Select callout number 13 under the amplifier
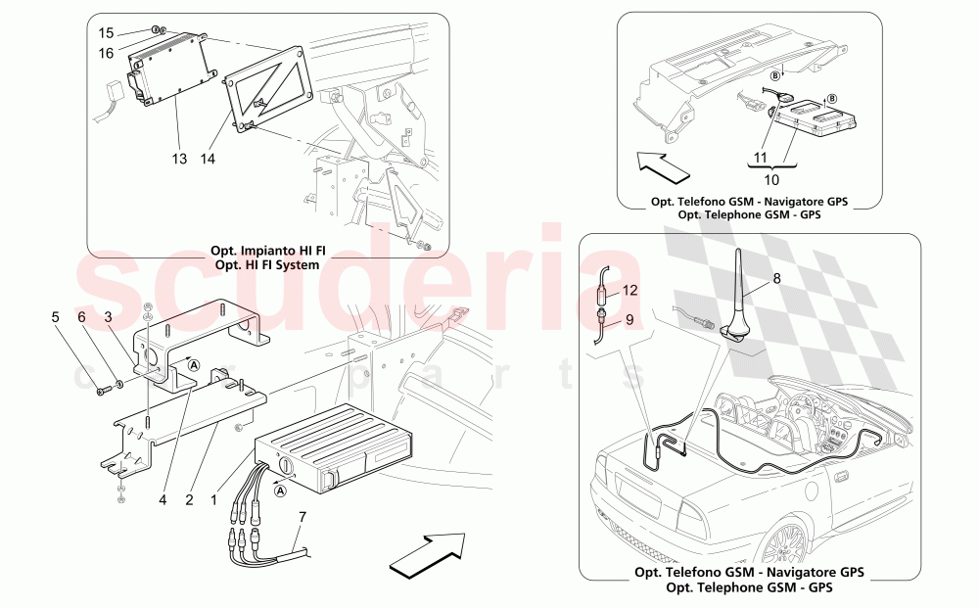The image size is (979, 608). tap(178, 158)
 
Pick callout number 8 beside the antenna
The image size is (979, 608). tap(776, 278)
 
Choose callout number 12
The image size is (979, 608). tap(629, 290)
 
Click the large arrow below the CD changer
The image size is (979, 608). tap(428, 554)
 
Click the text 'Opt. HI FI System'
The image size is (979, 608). tap(267, 265)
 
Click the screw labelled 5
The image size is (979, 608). tap(103, 393)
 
